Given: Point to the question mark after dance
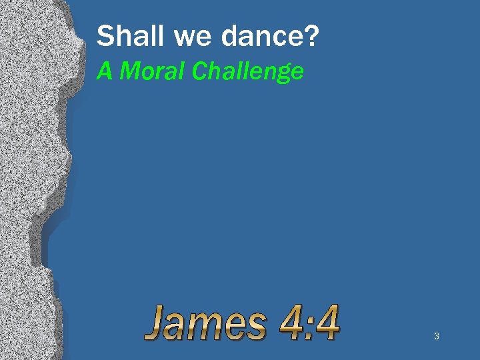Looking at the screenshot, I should click(310, 37).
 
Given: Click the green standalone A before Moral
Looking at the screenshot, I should click(104, 71).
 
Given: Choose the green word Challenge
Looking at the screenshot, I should click(247, 71).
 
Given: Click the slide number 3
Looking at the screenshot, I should click(436, 337).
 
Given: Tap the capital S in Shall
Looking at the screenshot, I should click(105, 37).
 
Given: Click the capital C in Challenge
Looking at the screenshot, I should click(199, 71).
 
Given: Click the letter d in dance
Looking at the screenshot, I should click(231, 37).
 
